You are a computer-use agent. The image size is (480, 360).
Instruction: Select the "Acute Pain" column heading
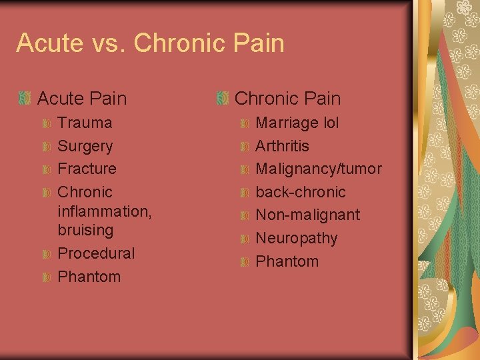coord(82,99)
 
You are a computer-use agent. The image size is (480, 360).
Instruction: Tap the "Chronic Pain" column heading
coord(287,99)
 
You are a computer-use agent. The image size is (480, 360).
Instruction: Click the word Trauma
coord(85,123)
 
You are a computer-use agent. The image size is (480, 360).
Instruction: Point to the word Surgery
coord(85,146)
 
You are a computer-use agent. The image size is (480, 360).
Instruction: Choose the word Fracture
coord(87,169)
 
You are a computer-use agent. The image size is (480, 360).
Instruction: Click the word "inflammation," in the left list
coord(105,211)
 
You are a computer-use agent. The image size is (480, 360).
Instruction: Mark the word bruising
coord(86,230)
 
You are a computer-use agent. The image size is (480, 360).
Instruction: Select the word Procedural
coord(96,253)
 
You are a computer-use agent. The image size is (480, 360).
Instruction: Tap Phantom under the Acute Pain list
coord(89,277)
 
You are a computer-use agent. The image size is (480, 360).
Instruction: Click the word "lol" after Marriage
coord(330,123)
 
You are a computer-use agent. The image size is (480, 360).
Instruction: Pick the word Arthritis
coord(283,145)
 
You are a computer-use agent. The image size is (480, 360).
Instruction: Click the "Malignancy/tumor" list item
coord(319,169)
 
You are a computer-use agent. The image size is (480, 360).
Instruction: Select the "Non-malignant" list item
coord(308,215)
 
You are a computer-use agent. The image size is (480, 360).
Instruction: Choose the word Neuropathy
coord(297,238)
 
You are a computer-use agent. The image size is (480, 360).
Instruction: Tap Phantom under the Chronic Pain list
coord(287,261)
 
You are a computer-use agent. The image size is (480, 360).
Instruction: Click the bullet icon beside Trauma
coord(46,123)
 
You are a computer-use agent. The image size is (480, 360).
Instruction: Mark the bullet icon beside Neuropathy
coord(244,239)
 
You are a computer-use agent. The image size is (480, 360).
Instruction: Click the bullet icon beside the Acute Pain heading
coord(25,99)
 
